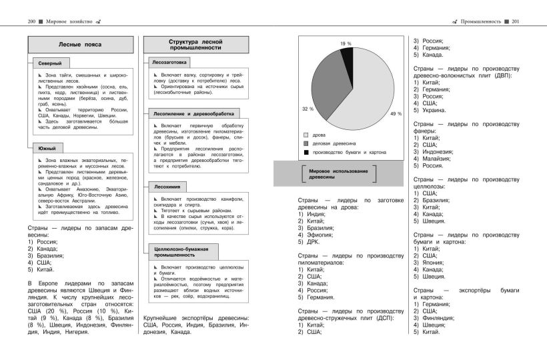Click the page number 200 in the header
pyautogui.click(x=31, y=21)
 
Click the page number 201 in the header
pyautogui.click(x=516, y=21)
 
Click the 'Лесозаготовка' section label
pyautogui.click(x=169, y=62)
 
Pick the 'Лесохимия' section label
pyautogui.click(x=164, y=187)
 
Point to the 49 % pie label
pyautogui.click(x=396, y=114)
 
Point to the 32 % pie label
pyautogui.click(x=307, y=108)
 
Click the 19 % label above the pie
pyautogui.click(x=346, y=43)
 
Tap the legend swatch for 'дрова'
pyautogui.click(x=306, y=134)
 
